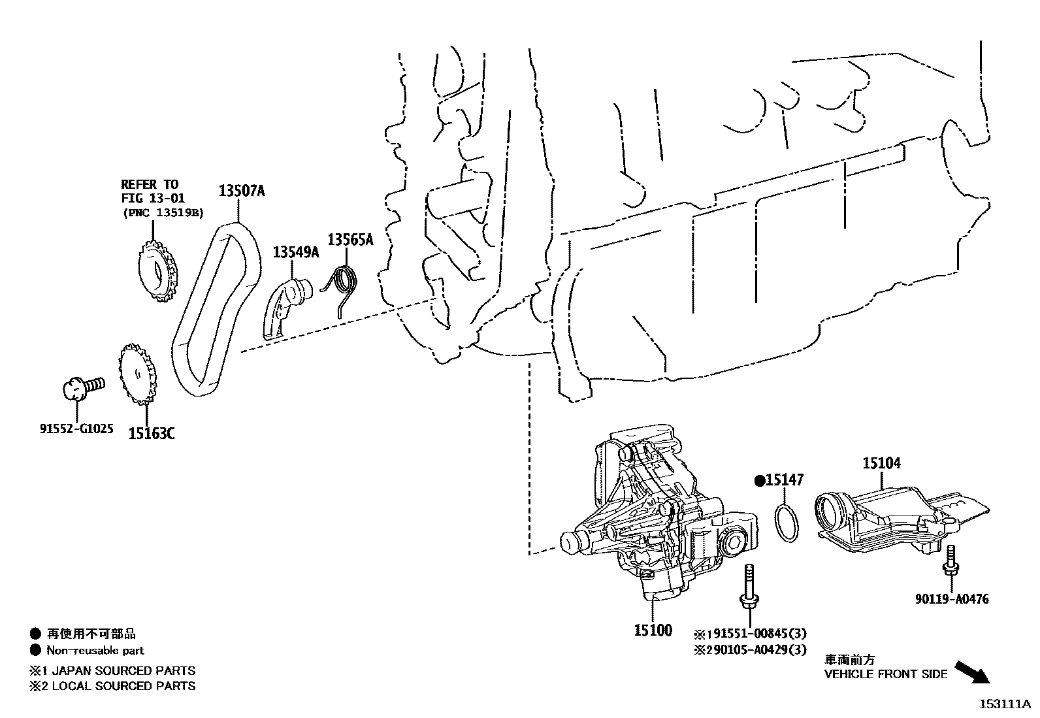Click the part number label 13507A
[241, 191]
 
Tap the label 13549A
[295, 252]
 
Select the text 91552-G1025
[76, 429]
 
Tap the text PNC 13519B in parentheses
[163, 212]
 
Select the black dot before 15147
[760, 481]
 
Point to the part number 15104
[881, 463]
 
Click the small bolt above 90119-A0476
[950, 562]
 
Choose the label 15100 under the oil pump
[653, 630]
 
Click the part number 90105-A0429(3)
[756, 649]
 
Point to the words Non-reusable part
[95, 650]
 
